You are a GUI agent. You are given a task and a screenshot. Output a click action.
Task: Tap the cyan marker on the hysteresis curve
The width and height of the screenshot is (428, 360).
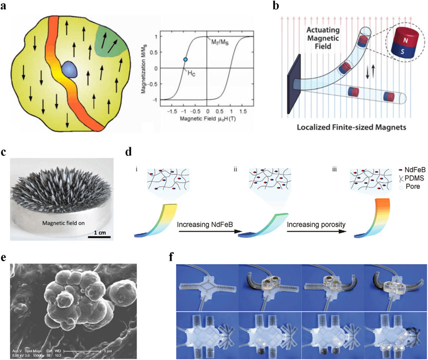pos(185,59)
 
